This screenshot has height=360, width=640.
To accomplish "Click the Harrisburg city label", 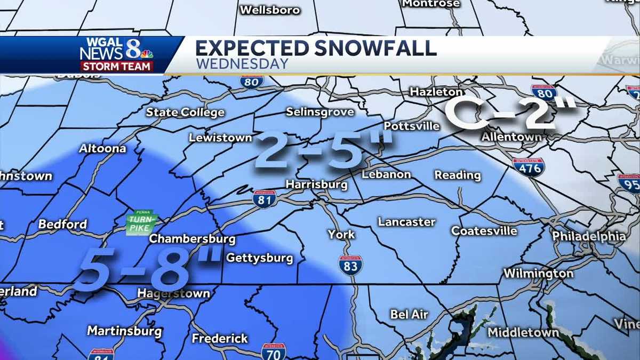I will (x=316, y=185).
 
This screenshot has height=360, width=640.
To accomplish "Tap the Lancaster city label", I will (x=406, y=222).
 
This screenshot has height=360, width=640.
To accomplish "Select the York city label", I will (x=341, y=234).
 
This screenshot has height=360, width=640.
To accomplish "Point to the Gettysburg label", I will (x=260, y=258).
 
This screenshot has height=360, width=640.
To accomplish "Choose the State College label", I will (x=185, y=113).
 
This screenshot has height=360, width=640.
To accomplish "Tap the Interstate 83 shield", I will (x=350, y=266).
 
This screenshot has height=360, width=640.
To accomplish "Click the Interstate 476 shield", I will (x=529, y=167).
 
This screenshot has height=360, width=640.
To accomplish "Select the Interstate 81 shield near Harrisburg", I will (x=265, y=199).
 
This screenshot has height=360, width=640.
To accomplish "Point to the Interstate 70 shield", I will (x=274, y=351).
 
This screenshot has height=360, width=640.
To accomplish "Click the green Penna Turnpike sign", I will (x=142, y=222).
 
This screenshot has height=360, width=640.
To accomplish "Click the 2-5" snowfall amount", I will (x=323, y=151).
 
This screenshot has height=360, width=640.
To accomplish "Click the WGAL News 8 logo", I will (x=117, y=54).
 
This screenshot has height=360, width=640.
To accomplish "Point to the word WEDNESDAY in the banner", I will (x=242, y=64).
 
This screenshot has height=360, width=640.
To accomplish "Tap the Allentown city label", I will (x=511, y=137).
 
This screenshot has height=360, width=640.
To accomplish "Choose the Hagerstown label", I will (x=173, y=293).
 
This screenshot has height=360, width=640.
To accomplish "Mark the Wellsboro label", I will (x=270, y=10).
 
